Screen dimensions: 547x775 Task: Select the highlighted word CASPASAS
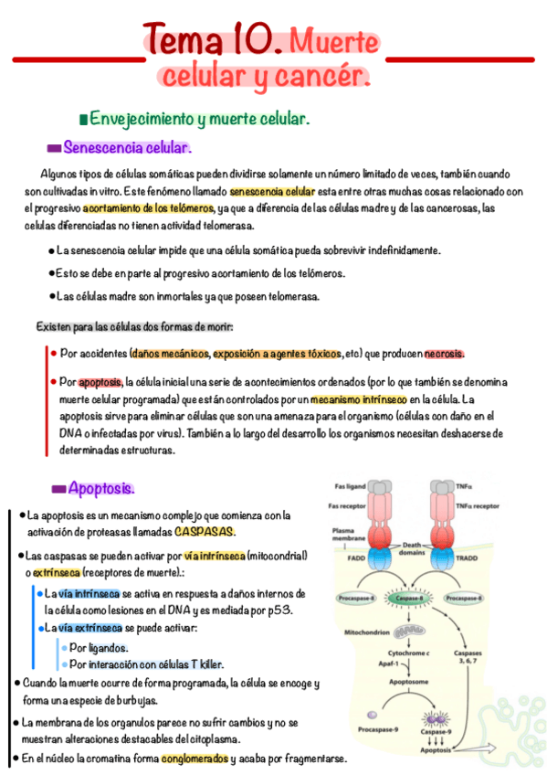(205, 532)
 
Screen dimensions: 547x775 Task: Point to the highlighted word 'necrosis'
(444, 354)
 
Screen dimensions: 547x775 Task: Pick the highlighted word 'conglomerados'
(195, 759)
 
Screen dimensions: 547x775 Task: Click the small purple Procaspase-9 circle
(372, 716)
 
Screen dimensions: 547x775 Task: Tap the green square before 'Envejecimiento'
(84, 120)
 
